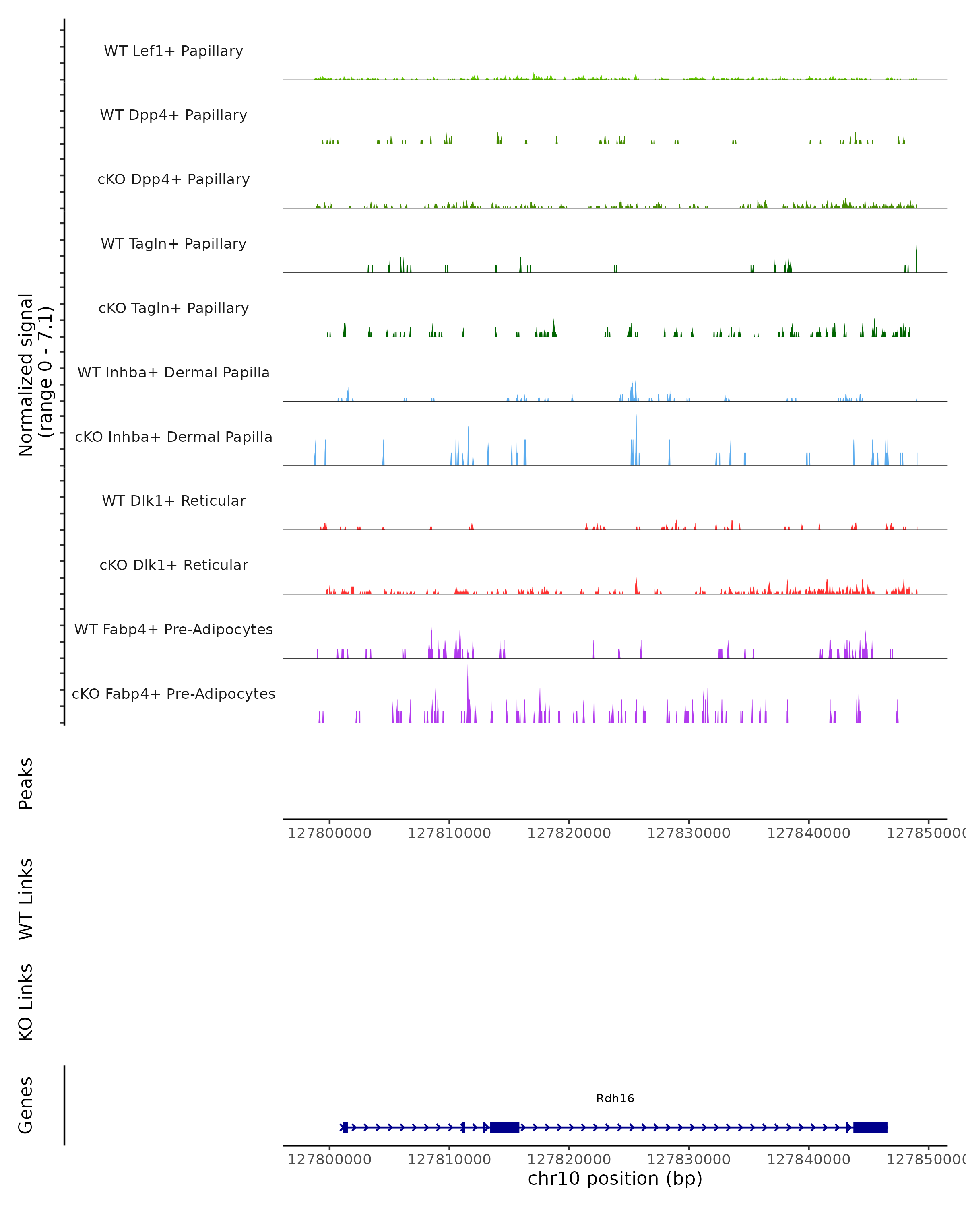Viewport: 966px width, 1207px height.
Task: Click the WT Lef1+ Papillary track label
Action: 173,51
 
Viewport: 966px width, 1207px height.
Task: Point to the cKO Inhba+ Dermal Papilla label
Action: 173,437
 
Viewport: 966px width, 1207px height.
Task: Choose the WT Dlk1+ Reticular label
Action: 173,501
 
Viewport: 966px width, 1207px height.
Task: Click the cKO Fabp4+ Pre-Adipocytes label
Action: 173,694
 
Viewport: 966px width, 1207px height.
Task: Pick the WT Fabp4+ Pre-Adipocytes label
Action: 173,629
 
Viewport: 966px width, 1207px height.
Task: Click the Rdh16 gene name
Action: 615,1098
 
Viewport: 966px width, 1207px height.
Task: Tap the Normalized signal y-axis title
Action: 35,375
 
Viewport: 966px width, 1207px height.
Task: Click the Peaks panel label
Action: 26,783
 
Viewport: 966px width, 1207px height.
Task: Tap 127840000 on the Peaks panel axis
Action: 809,833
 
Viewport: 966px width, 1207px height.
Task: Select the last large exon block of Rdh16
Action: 870,1127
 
